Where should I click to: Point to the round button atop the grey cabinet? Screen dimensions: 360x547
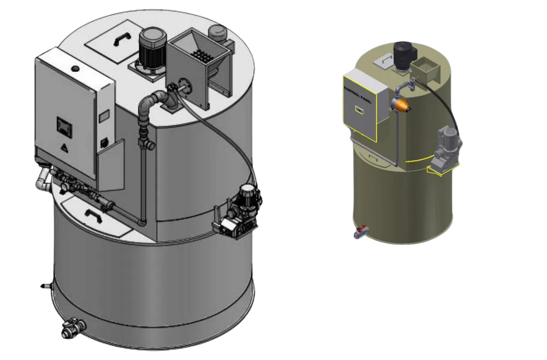tap(75, 68)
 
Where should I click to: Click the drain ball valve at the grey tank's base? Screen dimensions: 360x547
tap(72, 328)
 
